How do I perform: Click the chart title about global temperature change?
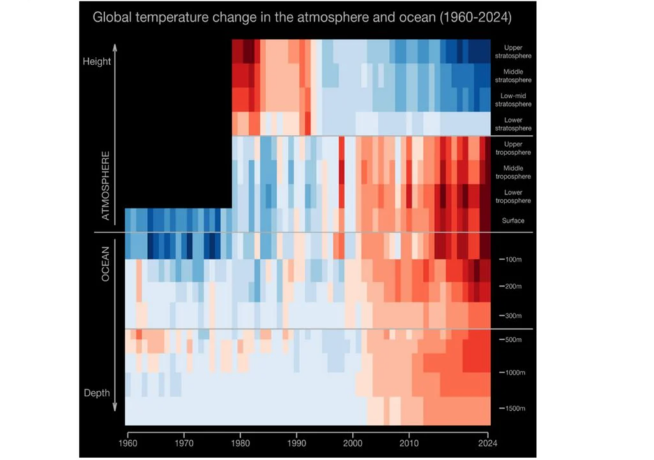tap(302, 17)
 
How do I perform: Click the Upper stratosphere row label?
tap(513, 52)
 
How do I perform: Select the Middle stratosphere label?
tap(513, 76)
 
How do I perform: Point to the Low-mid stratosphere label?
tap(513, 100)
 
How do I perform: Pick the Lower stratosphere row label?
tap(513, 124)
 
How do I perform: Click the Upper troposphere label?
tap(513, 148)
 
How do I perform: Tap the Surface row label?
tap(513, 220)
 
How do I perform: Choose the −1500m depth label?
tap(510, 408)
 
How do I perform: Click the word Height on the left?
tap(96, 62)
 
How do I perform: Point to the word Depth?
tap(96, 392)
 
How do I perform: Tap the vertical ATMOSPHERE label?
tap(107, 186)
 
